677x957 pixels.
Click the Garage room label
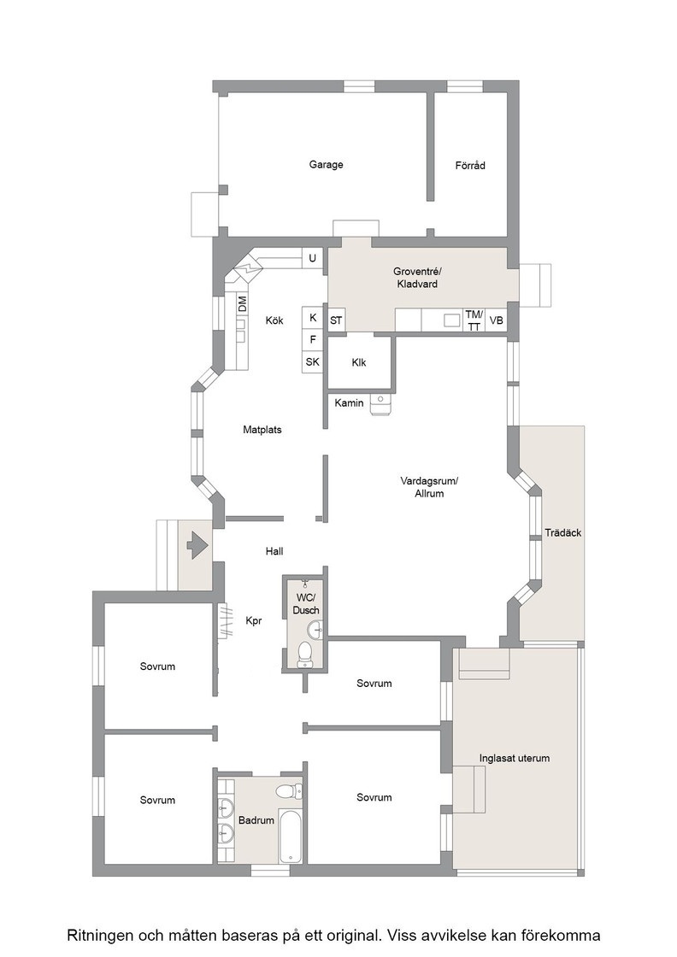(x=326, y=164)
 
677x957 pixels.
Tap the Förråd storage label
(x=470, y=165)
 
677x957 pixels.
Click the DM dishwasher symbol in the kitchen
(x=243, y=303)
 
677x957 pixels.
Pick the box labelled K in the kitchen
(x=313, y=317)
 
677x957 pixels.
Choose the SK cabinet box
(x=313, y=362)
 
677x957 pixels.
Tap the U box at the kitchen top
(x=313, y=258)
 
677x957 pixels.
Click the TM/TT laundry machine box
(x=474, y=320)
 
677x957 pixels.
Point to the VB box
(x=497, y=320)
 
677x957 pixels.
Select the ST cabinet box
(x=337, y=320)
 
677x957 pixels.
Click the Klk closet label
(x=359, y=362)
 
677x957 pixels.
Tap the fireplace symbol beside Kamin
(x=380, y=404)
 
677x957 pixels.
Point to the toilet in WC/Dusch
(x=304, y=655)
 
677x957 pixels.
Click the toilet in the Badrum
(x=289, y=791)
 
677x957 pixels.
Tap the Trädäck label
(x=562, y=533)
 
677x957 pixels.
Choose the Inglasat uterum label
(x=514, y=758)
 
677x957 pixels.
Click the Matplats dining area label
(x=262, y=430)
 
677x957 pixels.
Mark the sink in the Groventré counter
(x=451, y=320)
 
